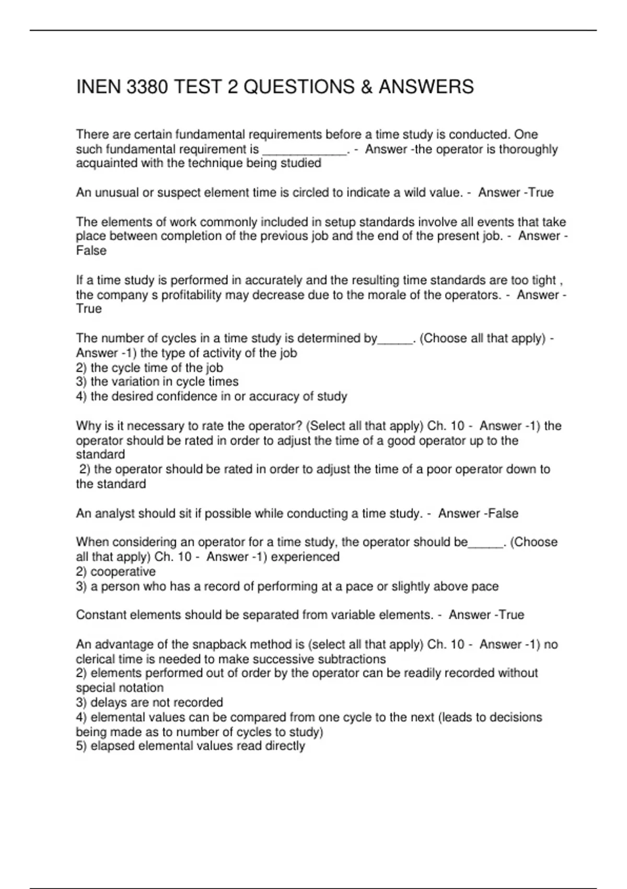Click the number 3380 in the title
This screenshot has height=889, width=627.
(x=148, y=87)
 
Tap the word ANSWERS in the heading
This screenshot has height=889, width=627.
(x=426, y=87)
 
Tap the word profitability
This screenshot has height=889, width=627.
(x=191, y=295)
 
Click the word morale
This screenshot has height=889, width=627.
(x=400, y=295)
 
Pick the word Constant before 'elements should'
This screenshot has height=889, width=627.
(x=101, y=615)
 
